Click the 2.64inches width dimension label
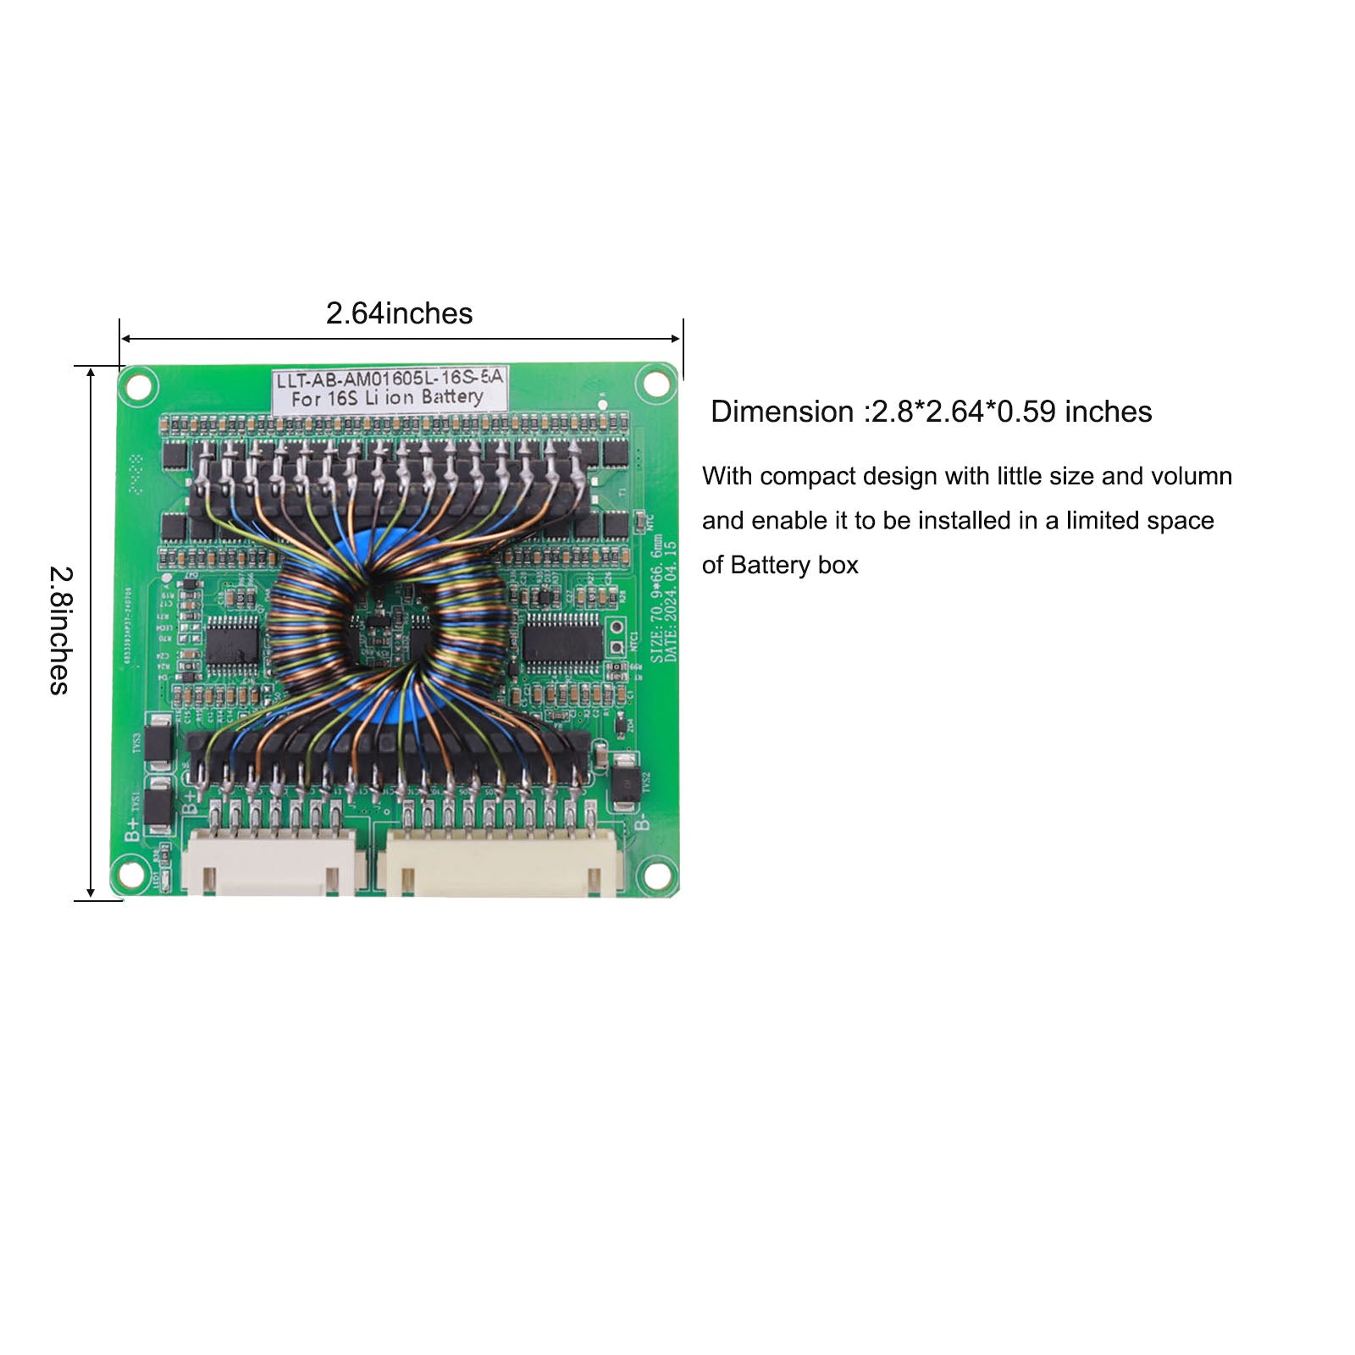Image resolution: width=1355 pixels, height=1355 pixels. point(399,313)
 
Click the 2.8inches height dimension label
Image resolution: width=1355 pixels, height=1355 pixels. point(59,631)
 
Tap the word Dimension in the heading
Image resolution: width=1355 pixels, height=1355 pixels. point(782,412)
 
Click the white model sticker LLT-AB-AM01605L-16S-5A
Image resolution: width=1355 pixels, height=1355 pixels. point(389,389)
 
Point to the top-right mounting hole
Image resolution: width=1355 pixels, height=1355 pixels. point(655,384)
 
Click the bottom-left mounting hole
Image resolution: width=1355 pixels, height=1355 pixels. point(130,873)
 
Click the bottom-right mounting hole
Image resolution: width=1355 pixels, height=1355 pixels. point(656,873)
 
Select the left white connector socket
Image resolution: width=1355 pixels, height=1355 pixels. point(271,862)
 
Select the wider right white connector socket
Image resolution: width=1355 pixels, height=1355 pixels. point(503,862)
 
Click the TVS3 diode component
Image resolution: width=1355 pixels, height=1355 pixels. point(158,742)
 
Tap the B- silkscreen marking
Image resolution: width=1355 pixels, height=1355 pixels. point(643,822)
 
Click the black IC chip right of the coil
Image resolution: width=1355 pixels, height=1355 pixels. point(561,638)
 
